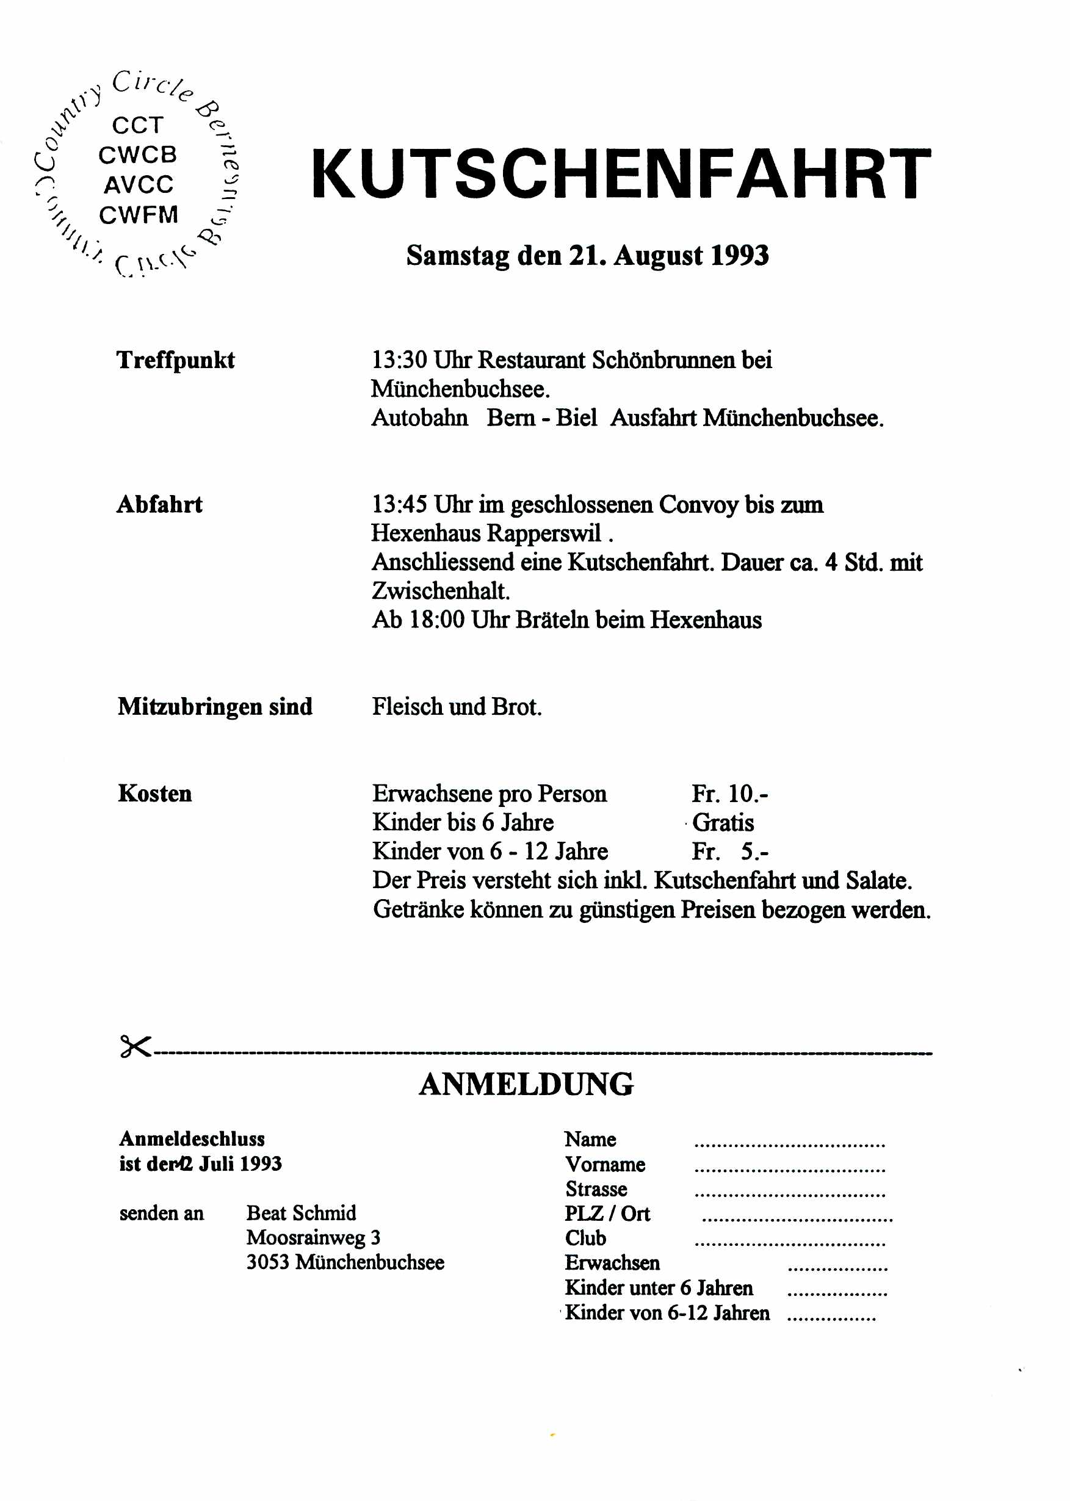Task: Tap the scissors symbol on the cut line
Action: click(x=135, y=1046)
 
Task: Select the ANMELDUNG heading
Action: click(x=526, y=1085)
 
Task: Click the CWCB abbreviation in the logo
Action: click(x=138, y=155)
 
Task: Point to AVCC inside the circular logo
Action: click(x=139, y=184)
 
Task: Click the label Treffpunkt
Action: click(x=175, y=360)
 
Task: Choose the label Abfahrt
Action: click(x=159, y=505)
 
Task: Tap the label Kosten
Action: click(x=155, y=794)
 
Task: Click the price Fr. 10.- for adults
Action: click(x=729, y=794)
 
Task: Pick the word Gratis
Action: click(x=723, y=822)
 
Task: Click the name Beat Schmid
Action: click(x=301, y=1213)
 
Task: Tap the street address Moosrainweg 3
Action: click(x=313, y=1237)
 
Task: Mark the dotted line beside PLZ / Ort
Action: click(x=797, y=1220)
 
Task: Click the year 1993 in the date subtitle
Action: click(x=739, y=256)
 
